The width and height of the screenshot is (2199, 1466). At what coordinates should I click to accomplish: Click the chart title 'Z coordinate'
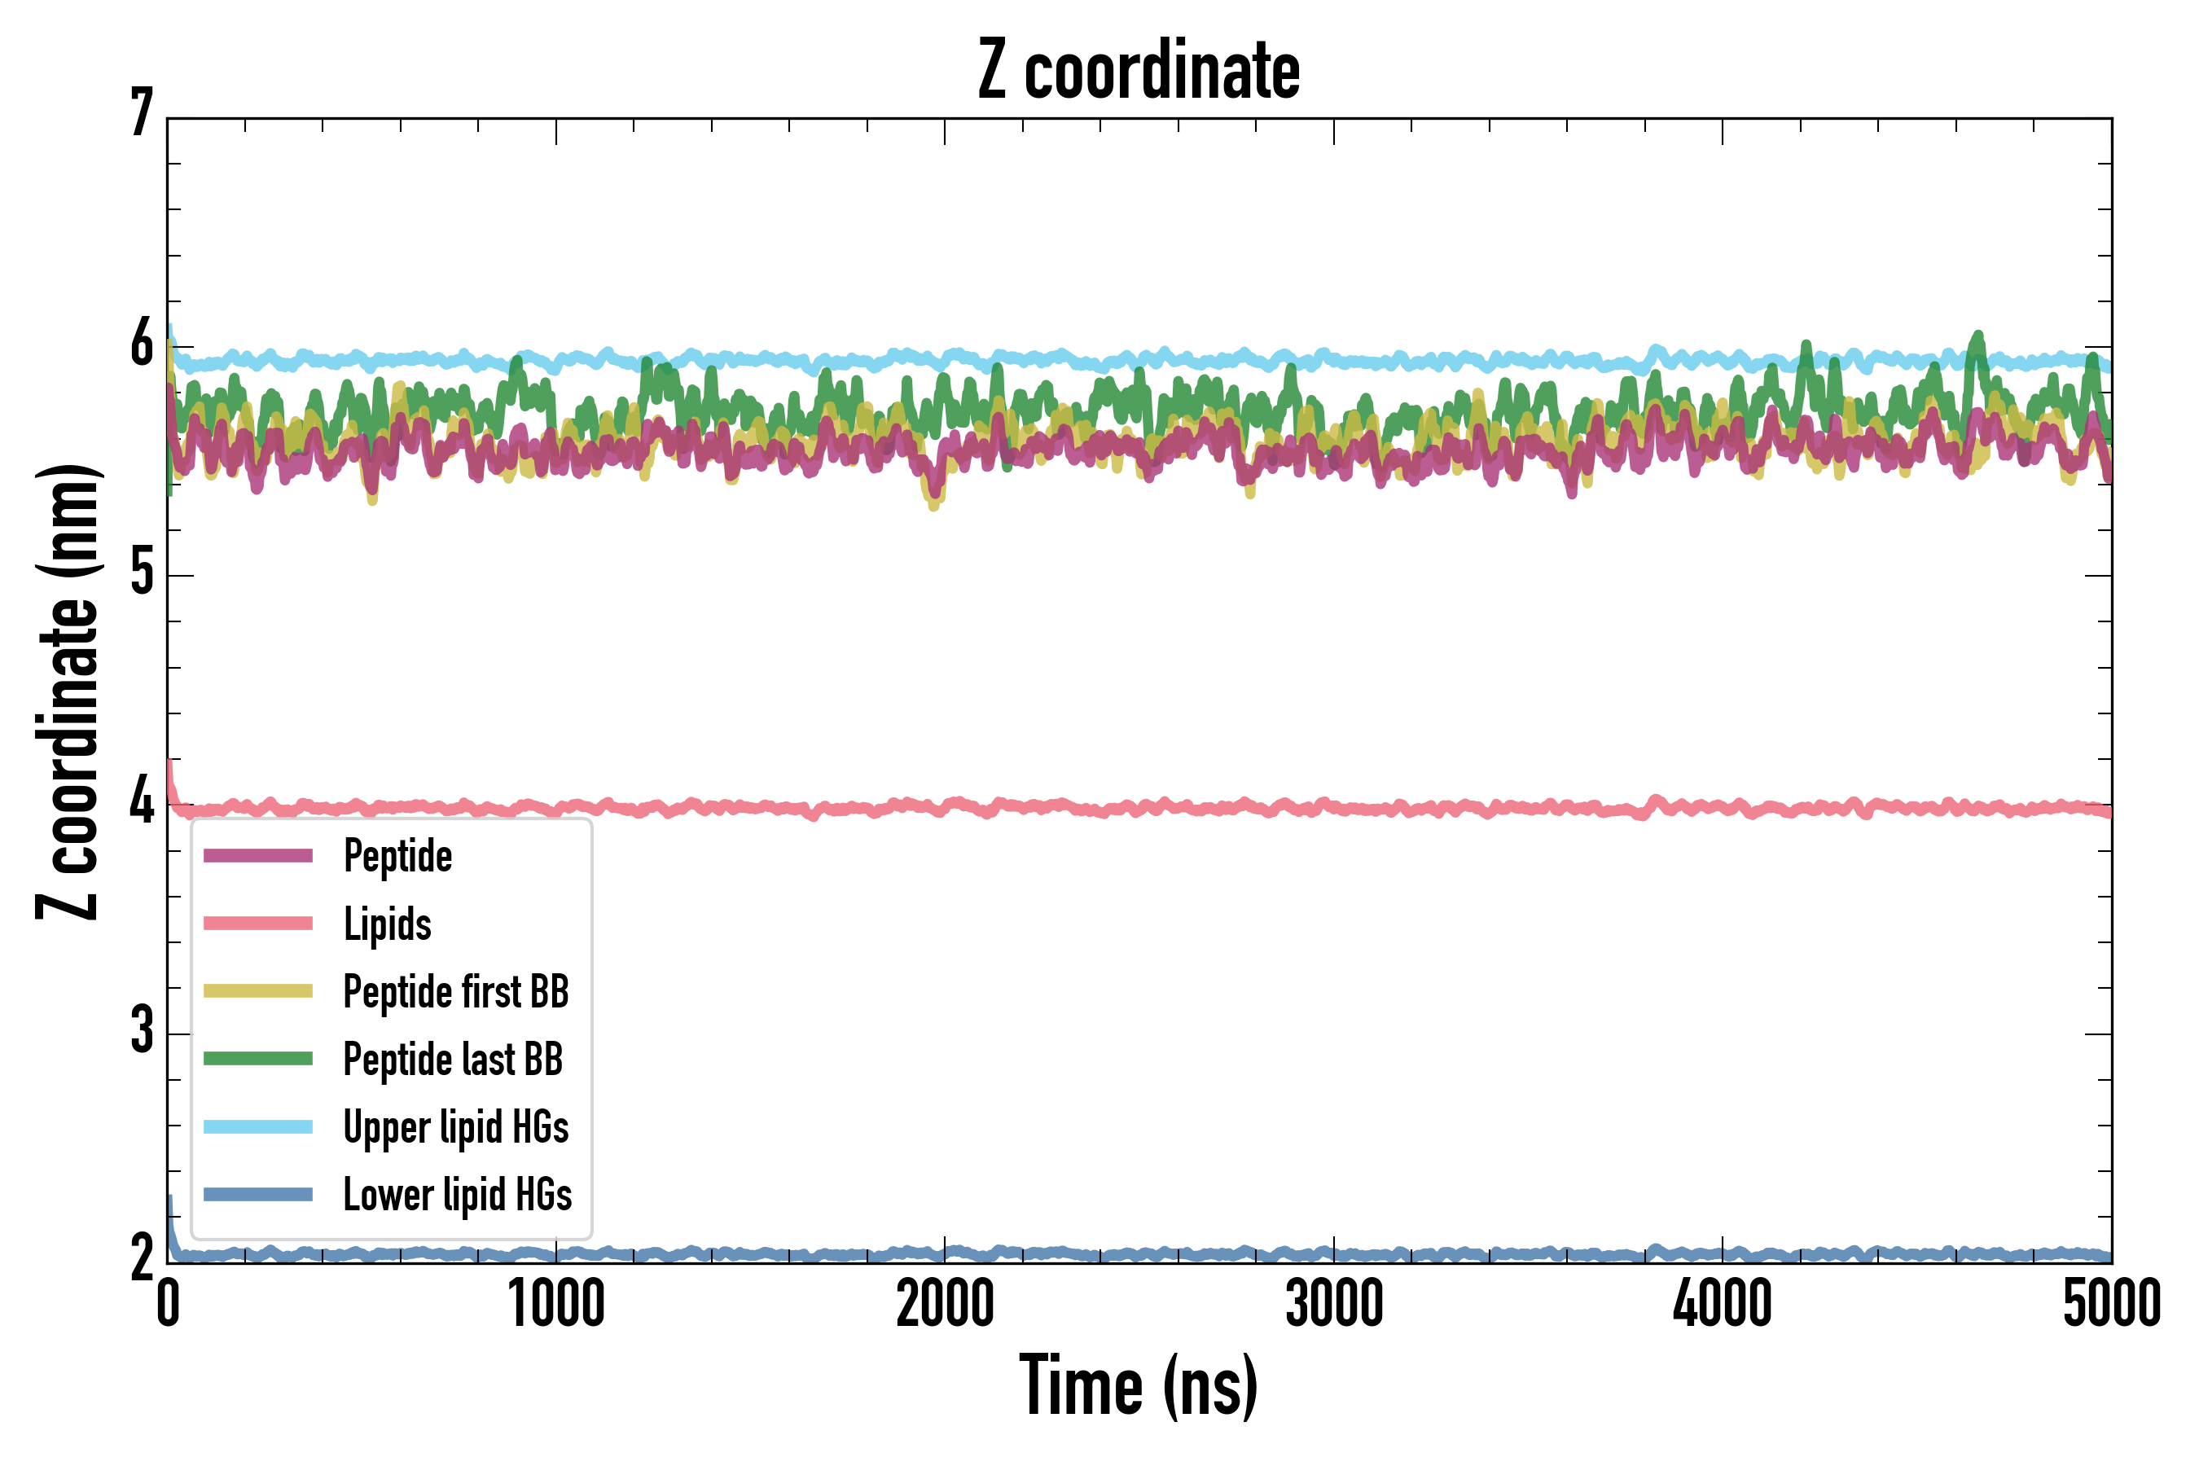point(1138,71)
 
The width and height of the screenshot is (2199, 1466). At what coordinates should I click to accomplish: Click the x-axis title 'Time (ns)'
point(1138,1385)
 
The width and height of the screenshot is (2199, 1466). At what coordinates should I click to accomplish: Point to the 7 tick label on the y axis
point(142,114)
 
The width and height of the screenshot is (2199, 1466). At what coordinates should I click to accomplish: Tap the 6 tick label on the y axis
point(142,345)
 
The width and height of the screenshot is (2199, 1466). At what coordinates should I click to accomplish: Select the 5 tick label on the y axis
point(142,573)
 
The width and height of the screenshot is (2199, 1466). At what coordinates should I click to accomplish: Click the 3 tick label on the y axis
point(142,1031)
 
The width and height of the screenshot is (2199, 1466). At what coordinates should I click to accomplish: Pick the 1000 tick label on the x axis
point(556,1304)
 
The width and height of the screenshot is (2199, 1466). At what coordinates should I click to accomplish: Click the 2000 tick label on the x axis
point(944,1304)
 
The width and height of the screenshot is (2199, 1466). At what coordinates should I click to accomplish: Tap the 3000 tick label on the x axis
point(1333,1304)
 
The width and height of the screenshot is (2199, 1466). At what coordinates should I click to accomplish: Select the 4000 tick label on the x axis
point(1723,1304)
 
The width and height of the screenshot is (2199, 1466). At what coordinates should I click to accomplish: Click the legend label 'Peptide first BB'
point(455,992)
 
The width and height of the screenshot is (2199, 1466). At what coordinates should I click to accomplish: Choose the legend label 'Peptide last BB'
point(453,1060)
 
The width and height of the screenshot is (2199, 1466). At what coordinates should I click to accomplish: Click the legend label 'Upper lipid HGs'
point(455,1126)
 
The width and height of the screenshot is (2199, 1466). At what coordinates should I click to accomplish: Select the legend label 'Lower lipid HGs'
point(457,1195)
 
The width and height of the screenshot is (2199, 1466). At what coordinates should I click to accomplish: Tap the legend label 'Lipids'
point(387,924)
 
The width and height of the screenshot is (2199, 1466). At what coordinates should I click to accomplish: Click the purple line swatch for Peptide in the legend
point(258,855)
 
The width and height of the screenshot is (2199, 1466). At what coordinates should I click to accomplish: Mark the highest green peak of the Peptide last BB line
point(1978,335)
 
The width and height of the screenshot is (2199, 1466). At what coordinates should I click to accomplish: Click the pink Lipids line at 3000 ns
point(1333,807)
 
